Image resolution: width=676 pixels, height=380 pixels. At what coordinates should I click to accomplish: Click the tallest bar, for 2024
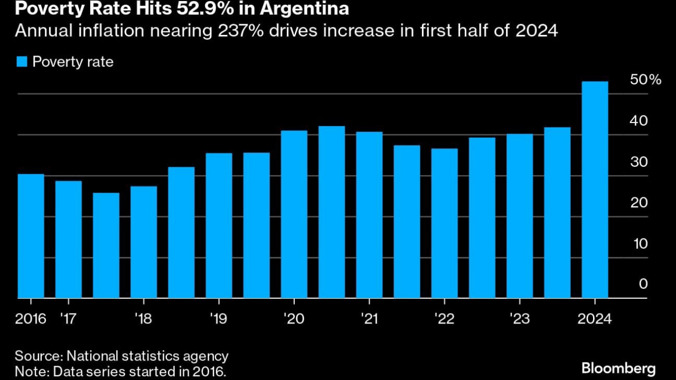[x=595, y=190]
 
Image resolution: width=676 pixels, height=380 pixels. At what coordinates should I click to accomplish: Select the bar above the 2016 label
[x=31, y=236]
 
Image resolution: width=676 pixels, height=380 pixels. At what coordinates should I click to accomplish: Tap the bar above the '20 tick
[x=294, y=214]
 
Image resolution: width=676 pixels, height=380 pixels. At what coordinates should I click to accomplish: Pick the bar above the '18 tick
[x=144, y=242]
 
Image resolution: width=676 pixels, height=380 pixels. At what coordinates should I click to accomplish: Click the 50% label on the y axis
[x=645, y=80]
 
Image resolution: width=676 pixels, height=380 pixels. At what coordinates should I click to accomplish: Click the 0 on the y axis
[x=643, y=284]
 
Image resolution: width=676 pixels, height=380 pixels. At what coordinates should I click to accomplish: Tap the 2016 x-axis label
[x=31, y=319]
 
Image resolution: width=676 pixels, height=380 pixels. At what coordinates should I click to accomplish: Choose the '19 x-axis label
[x=218, y=319]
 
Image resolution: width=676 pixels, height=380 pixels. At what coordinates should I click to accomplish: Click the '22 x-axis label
[x=444, y=319]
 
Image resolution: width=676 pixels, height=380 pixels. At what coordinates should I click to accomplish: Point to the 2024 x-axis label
[x=595, y=319]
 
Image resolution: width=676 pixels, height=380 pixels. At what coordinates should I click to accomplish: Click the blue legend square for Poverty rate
[x=21, y=62]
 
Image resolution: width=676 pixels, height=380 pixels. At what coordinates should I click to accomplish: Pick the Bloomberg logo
[x=618, y=368]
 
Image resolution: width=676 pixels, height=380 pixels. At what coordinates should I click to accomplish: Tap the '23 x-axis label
[x=519, y=319]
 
